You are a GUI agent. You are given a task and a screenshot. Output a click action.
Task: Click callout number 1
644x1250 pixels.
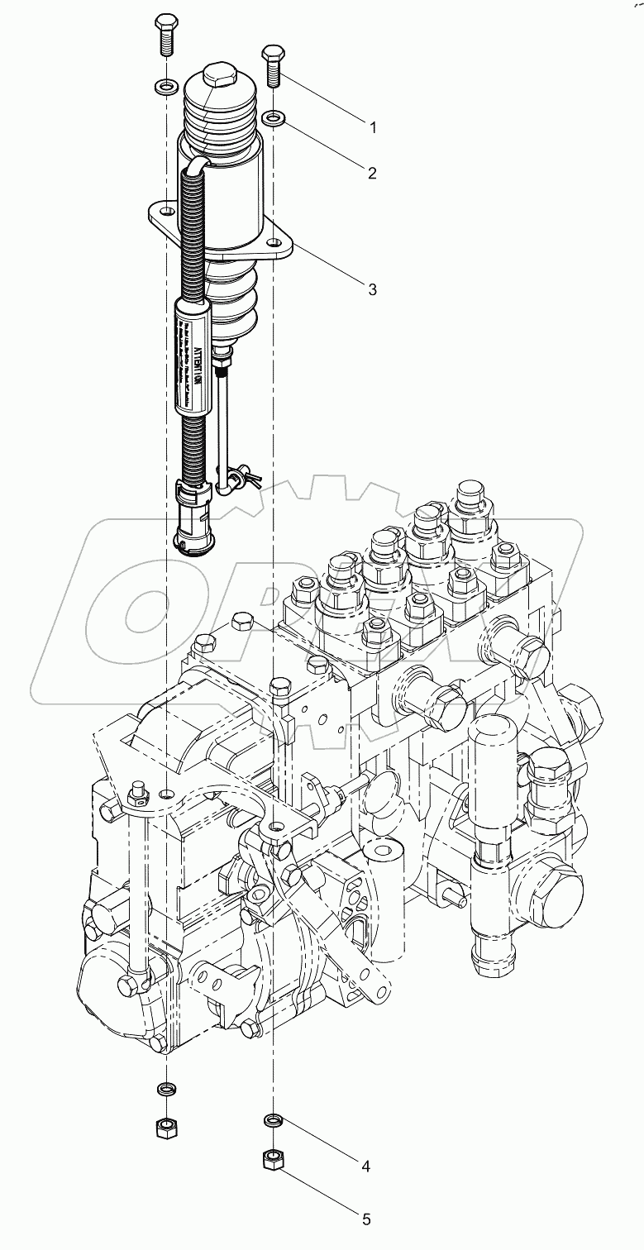click(x=373, y=127)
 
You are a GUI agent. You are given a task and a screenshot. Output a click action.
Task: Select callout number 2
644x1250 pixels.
click(x=372, y=173)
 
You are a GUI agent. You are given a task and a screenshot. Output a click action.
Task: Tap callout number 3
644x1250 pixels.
click(x=373, y=289)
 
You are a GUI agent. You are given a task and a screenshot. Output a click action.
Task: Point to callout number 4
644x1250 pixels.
click(x=364, y=1167)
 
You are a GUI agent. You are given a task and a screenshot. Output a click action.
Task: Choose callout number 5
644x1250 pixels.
click(x=365, y=1219)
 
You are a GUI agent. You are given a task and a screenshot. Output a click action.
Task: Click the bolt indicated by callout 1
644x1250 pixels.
click(x=273, y=66)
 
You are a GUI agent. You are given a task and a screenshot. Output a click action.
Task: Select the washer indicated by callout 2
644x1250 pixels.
click(x=274, y=119)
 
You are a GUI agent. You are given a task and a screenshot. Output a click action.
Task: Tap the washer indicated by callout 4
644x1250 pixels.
click(x=273, y=1120)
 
